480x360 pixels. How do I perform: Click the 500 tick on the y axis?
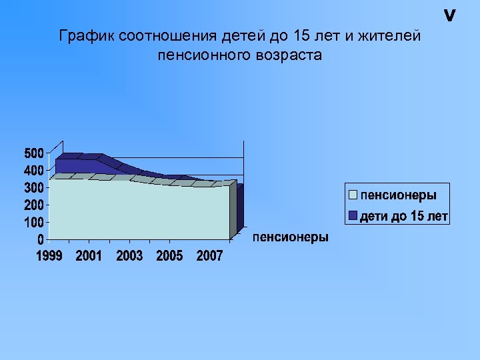[x=34, y=153]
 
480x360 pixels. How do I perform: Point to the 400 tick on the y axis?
[x=34, y=171]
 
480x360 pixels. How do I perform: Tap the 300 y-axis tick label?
[x=34, y=187]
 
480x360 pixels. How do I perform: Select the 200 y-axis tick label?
[x=34, y=205]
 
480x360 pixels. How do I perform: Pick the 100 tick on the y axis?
[x=34, y=221]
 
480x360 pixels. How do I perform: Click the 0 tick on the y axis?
[x=41, y=239]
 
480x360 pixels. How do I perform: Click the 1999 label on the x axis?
[x=49, y=256]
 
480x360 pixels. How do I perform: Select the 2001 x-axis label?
[x=89, y=256]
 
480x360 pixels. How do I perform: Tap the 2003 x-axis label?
[x=129, y=256]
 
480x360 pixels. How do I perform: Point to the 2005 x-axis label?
[x=169, y=256]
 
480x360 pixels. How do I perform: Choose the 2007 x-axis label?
[x=209, y=256]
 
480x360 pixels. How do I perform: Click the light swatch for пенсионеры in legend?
[x=353, y=195]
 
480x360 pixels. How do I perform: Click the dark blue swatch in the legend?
[x=353, y=216]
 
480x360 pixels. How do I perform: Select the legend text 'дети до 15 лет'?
[x=404, y=216]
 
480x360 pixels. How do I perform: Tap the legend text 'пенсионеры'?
[x=399, y=195]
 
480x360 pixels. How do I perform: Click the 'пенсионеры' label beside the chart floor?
[x=291, y=237]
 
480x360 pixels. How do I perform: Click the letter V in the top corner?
[x=450, y=15]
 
